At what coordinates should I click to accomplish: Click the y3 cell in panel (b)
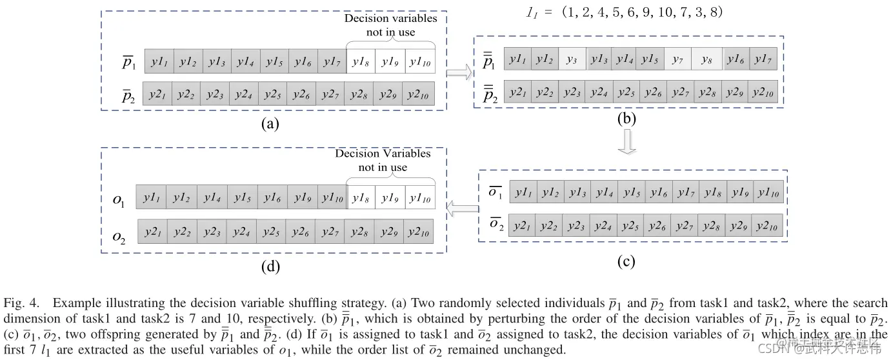572,60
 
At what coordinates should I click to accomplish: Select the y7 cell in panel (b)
677,60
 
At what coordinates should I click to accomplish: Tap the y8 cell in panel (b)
707,60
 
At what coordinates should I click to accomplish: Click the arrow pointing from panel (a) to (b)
459,72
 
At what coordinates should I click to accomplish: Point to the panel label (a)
268,125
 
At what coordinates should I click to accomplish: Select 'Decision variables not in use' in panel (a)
390,25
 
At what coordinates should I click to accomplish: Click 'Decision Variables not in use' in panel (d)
383,160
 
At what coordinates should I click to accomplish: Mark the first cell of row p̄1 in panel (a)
158,62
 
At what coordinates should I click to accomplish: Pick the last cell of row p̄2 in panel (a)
419,94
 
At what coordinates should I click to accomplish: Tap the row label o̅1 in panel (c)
495,192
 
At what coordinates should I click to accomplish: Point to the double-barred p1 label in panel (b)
488,61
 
